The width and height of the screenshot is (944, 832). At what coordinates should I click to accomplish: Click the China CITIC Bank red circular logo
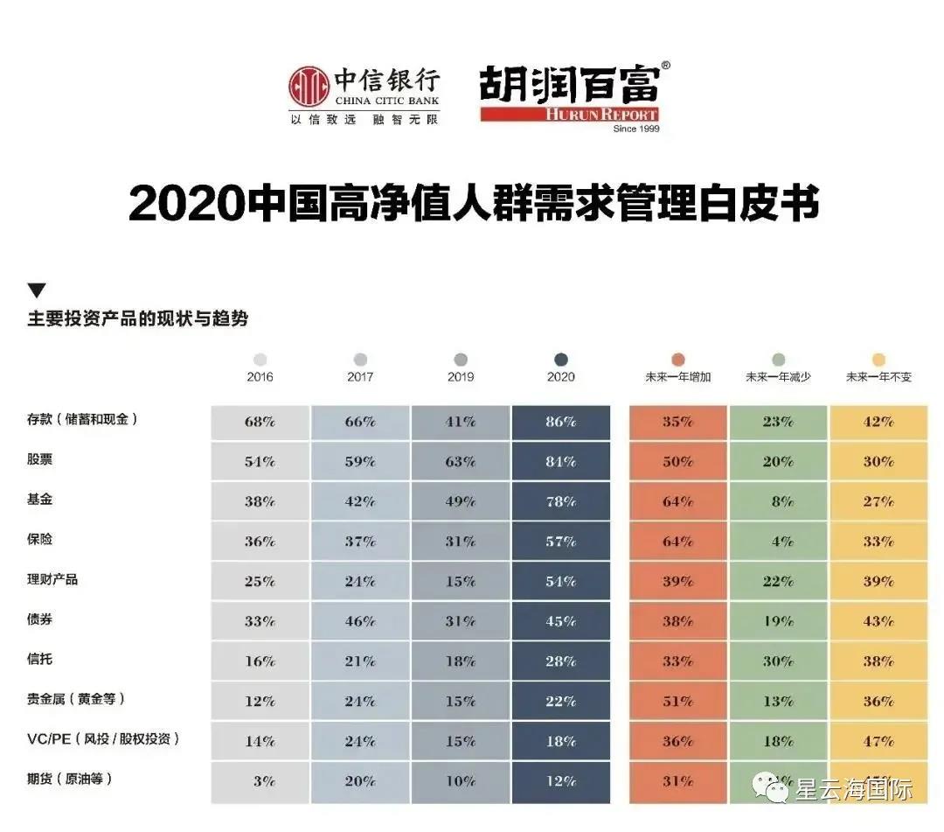[309, 87]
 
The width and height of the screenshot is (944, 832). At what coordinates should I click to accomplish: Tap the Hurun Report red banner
[569, 115]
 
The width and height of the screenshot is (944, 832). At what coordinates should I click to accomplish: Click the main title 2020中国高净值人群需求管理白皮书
[473, 203]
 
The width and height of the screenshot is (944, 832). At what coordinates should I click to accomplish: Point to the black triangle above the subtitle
[36, 291]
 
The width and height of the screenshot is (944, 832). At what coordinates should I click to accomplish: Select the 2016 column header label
[260, 377]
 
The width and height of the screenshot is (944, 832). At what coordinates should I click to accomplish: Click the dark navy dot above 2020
[561, 360]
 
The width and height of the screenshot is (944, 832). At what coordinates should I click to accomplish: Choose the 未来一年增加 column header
[677, 377]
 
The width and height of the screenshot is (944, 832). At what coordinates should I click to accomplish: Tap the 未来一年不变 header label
[878, 377]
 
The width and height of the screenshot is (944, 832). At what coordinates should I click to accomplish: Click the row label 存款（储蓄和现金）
[82, 419]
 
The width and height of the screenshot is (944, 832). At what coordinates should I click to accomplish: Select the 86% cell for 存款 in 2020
[561, 422]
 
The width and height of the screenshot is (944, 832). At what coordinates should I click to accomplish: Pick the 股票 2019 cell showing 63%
[461, 462]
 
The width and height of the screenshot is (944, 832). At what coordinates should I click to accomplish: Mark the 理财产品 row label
[52, 579]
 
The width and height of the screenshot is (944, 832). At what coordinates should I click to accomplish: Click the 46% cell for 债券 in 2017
[360, 622]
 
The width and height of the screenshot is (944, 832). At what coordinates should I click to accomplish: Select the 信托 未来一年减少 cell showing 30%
[778, 661]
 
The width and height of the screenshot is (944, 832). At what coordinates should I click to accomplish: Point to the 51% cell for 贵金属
[677, 702]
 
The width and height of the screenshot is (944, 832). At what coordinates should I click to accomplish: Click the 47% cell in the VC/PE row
[878, 741]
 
